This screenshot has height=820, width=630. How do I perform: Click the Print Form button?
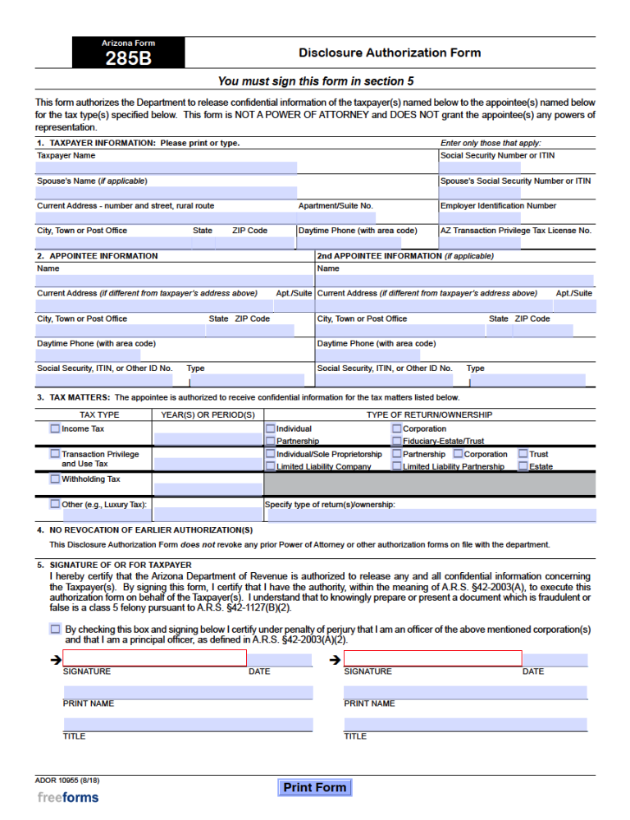tap(314, 788)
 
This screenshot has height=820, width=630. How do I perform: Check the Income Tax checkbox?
tap(55, 428)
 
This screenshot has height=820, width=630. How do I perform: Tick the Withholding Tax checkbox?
tap(55, 479)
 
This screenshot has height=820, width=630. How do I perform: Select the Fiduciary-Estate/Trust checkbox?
tap(397, 441)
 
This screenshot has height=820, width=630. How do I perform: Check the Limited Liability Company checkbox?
tap(271, 466)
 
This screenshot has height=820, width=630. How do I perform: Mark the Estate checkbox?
tap(523, 466)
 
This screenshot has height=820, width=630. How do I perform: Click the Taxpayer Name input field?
tap(166, 167)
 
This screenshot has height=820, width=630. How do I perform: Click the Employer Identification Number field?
tap(516, 218)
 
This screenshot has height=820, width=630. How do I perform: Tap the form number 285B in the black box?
tap(128, 59)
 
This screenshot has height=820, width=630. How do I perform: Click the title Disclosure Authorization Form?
tap(390, 53)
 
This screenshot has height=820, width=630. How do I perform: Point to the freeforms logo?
tap(68, 797)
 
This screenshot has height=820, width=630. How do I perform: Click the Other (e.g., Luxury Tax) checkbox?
tap(55, 504)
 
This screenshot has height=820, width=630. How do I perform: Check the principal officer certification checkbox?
tap(55, 629)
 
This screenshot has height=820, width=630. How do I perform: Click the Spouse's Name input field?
tap(166, 193)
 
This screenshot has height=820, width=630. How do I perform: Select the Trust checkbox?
tap(523, 454)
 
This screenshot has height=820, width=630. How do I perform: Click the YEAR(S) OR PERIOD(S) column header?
tap(208, 415)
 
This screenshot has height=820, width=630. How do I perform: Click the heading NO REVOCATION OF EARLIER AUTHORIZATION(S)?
tap(151, 530)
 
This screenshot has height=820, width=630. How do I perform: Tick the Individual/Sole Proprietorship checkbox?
tap(271, 454)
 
